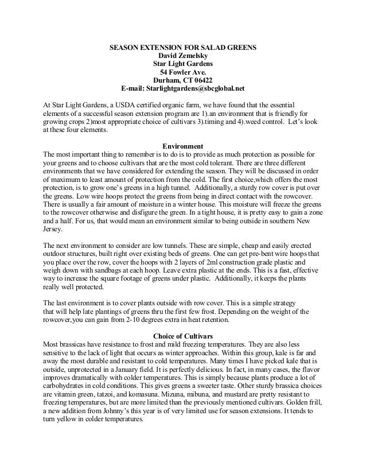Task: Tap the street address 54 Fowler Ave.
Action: [x=183, y=72]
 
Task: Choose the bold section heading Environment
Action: [x=183, y=145]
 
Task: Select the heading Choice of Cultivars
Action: [x=183, y=335]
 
